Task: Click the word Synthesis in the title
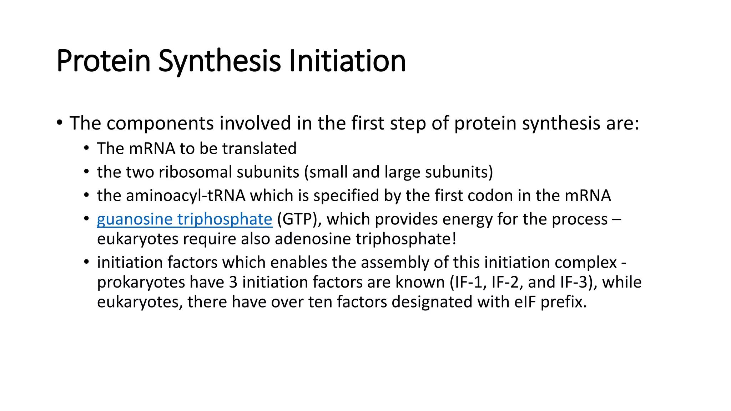pyautogui.click(x=219, y=61)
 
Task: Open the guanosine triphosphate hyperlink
pyautogui.click(x=185, y=219)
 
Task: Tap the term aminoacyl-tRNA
pyautogui.click(x=171, y=196)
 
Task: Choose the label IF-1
pyautogui.click(x=468, y=282)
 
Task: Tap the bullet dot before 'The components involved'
pyautogui.click(x=60, y=123)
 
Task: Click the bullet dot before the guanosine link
pyautogui.click(x=86, y=218)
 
